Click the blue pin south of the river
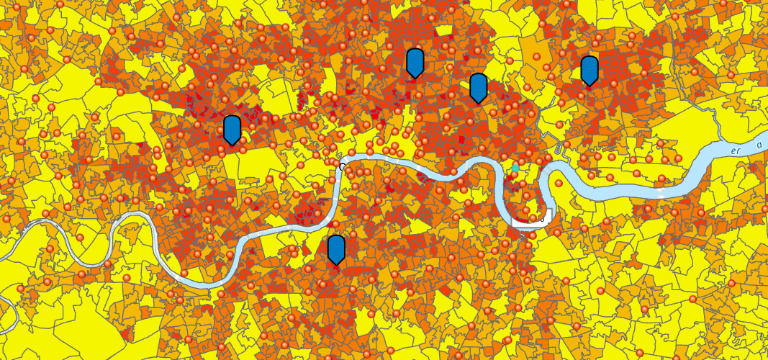pyautogui.click(x=336, y=249)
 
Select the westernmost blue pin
pyautogui.click(x=232, y=129)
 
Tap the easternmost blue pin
pyautogui.click(x=589, y=70)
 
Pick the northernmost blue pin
pyautogui.click(x=415, y=63)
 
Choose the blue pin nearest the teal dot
pyautogui.click(x=479, y=87)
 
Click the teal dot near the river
pyautogui.click(x=515, y=168)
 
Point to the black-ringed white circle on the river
pyautogui.click(x=343, y=167)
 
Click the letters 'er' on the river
pyautogui.click(x=736, y=151)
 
